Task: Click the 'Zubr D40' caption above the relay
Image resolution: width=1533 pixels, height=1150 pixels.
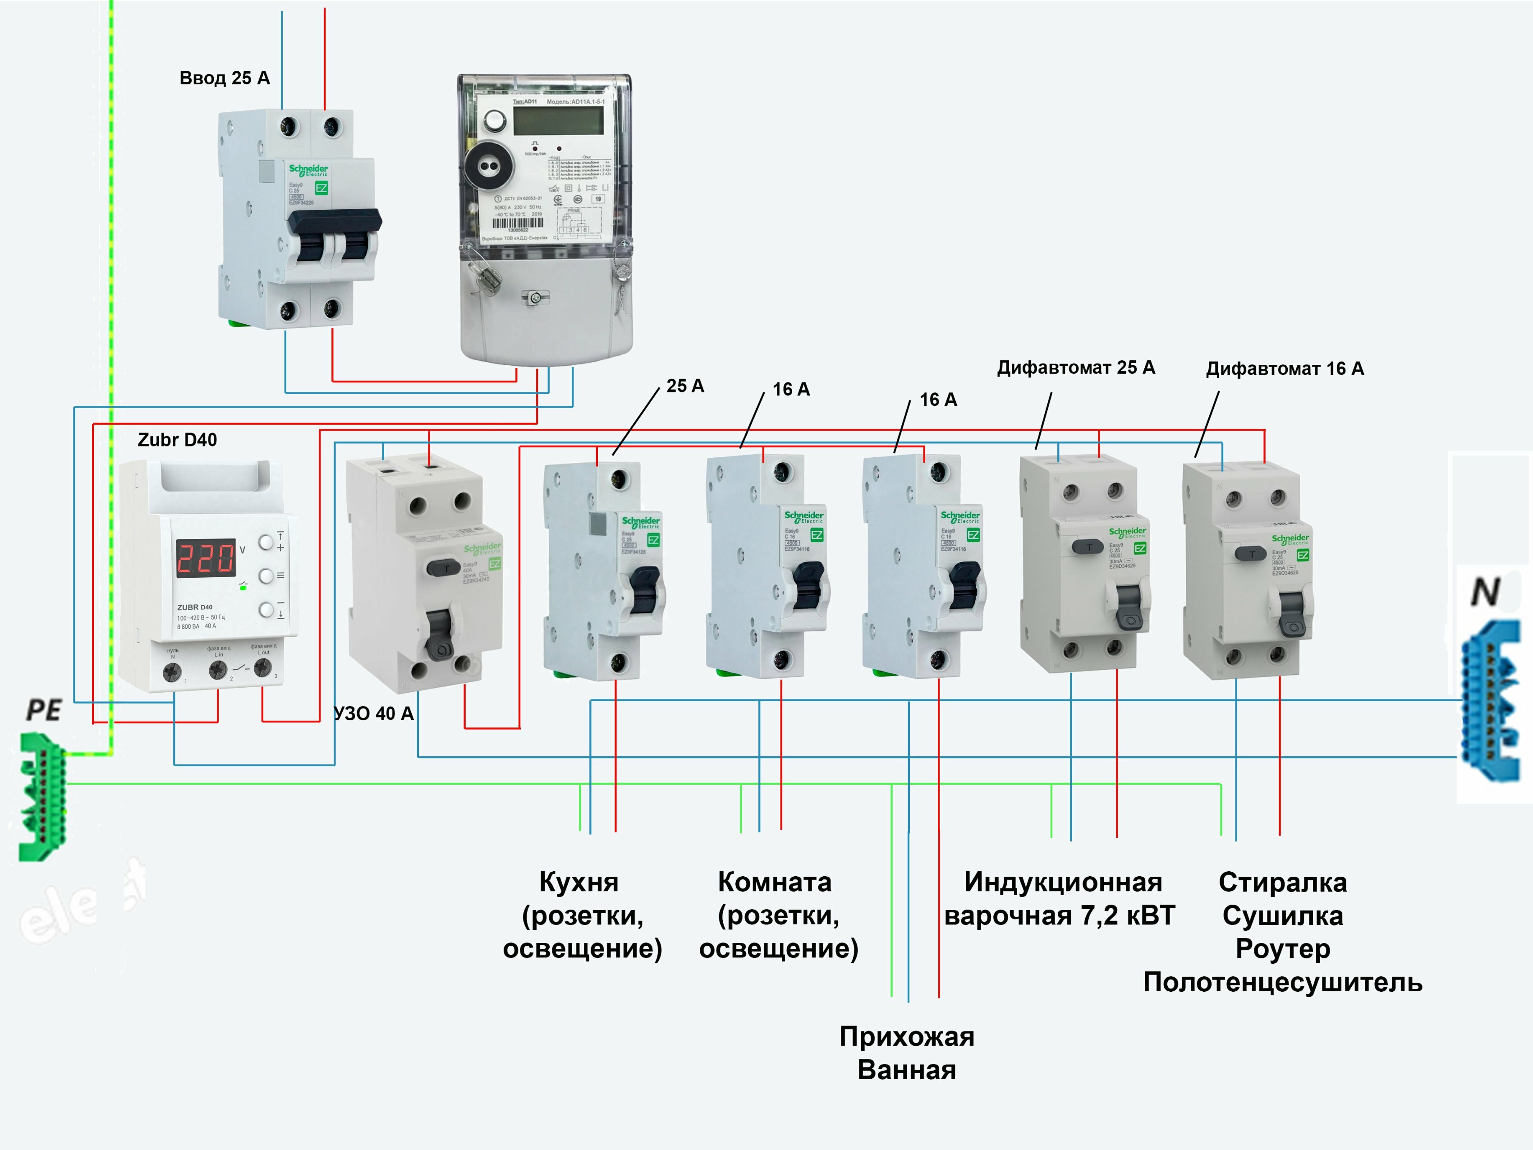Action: coord(177,440)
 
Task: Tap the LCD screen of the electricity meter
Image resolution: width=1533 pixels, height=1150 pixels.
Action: coord(558,120)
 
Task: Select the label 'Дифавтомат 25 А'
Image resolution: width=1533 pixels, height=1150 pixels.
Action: coord(1076,368)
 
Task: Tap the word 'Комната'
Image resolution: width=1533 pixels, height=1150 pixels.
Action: coord(775,883)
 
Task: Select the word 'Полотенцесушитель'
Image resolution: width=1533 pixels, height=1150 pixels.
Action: coord(1283,982)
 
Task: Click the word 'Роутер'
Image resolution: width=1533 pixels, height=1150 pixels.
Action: coord(1283,949)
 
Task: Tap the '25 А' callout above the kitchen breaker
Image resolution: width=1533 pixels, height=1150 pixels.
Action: coord(685,386)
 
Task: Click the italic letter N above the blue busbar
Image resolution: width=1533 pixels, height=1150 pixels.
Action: coord(1485,593)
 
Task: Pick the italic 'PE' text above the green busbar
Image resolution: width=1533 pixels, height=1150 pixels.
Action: coord(44,710)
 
